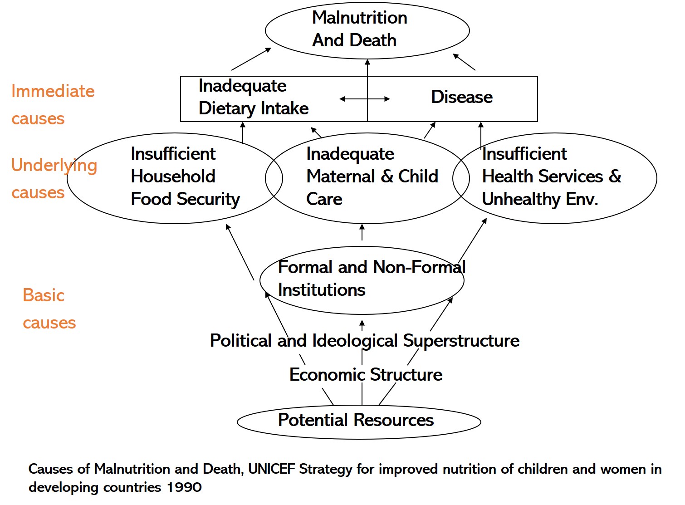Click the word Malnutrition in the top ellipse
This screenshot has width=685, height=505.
(x=360, y=18)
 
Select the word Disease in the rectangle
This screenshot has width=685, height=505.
(x=462, y=97)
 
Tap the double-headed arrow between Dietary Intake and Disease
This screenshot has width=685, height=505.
(x=365, y=99)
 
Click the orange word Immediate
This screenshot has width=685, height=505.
(x=53, y=91)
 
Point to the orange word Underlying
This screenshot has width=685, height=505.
(x=54, y=166)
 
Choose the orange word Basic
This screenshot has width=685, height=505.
(x=44, y=295)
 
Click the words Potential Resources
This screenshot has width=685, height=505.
(x=356, y=420)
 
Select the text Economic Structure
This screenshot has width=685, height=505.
(x=366, y=375)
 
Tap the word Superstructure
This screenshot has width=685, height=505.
(x=461, y=341)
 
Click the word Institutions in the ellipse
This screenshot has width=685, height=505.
(x=322, y=290)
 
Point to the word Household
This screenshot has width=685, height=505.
(x=173, y=177)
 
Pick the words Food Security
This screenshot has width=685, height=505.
(x=186, y=200)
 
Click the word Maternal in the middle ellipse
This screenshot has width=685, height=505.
(x=341, y=177)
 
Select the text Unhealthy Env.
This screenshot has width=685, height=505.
(x=540, y=200)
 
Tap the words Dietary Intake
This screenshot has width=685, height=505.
(x=254, y=109)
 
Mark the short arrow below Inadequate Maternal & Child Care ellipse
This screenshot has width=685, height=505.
(x=362, y=232)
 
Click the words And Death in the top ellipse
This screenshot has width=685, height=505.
(x=354, y=40)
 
